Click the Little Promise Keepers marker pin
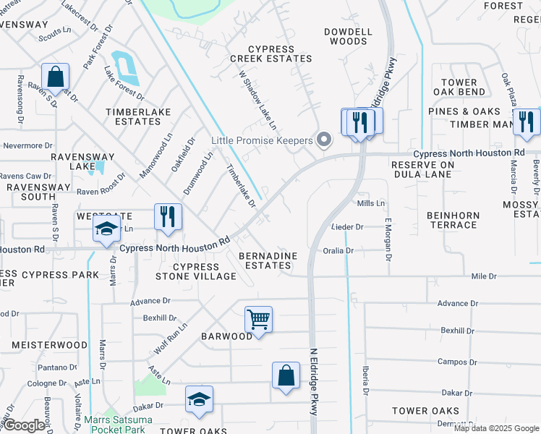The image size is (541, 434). (325, 140)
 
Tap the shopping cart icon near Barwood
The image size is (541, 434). (258, 319)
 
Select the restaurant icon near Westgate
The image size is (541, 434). (168, 216)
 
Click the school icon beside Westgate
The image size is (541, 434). (106, 231)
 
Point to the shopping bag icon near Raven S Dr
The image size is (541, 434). (55, 77)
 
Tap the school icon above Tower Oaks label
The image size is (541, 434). (199, 400)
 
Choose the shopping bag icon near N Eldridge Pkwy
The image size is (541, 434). (286, 375)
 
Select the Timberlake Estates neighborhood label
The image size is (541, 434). (133, 116)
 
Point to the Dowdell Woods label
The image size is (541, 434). (348, 37)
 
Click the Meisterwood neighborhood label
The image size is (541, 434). (49, 345)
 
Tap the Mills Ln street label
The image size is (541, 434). (371, 204)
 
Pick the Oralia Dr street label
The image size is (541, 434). (338, 251)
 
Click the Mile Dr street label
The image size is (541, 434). (484, 276)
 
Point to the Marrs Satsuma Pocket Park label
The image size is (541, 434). (114, 424)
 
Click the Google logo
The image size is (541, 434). (25, 425)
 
